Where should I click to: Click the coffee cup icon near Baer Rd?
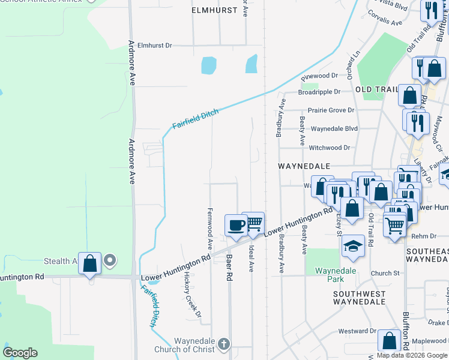235,225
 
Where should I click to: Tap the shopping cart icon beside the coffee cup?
254,223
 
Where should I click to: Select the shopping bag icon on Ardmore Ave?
89,263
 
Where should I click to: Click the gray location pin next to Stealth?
109,260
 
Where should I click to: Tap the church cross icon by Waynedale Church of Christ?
223,344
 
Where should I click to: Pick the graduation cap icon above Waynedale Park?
354,245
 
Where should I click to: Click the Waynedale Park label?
336,275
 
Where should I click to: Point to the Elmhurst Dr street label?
154,45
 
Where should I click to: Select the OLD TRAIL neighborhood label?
376,89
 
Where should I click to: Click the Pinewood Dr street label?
320,76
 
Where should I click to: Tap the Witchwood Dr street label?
330,148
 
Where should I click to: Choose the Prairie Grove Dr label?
331,110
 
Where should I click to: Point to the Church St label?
385,274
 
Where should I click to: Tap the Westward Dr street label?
357,331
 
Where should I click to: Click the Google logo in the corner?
20,353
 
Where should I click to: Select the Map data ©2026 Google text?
412,355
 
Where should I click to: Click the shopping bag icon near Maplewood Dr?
390,341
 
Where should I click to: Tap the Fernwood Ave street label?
210,229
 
